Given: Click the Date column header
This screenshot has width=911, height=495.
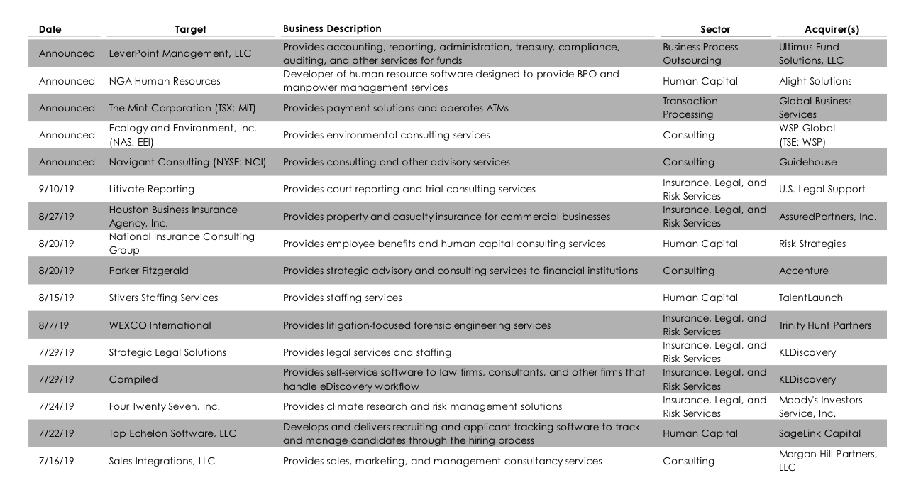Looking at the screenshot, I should coord(50,29).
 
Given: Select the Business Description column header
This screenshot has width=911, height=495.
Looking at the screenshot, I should coord(331,29).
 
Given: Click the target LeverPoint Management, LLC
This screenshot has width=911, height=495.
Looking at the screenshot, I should coord(180,54).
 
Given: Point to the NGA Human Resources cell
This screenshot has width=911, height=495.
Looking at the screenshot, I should coord(165,81).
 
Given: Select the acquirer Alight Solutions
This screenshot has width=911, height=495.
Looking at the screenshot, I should coord(815,81).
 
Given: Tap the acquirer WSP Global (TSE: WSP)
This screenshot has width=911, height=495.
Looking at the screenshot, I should coord(807,135).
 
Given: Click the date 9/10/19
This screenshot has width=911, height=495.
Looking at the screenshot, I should coord(56,189).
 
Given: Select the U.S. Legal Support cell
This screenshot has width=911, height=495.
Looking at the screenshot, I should coord(822,189).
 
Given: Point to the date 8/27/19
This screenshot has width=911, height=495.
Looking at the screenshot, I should coord(56,217).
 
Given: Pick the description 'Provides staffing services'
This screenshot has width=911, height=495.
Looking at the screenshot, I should coord(343,298).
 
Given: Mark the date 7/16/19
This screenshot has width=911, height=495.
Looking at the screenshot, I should coord(56,461).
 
